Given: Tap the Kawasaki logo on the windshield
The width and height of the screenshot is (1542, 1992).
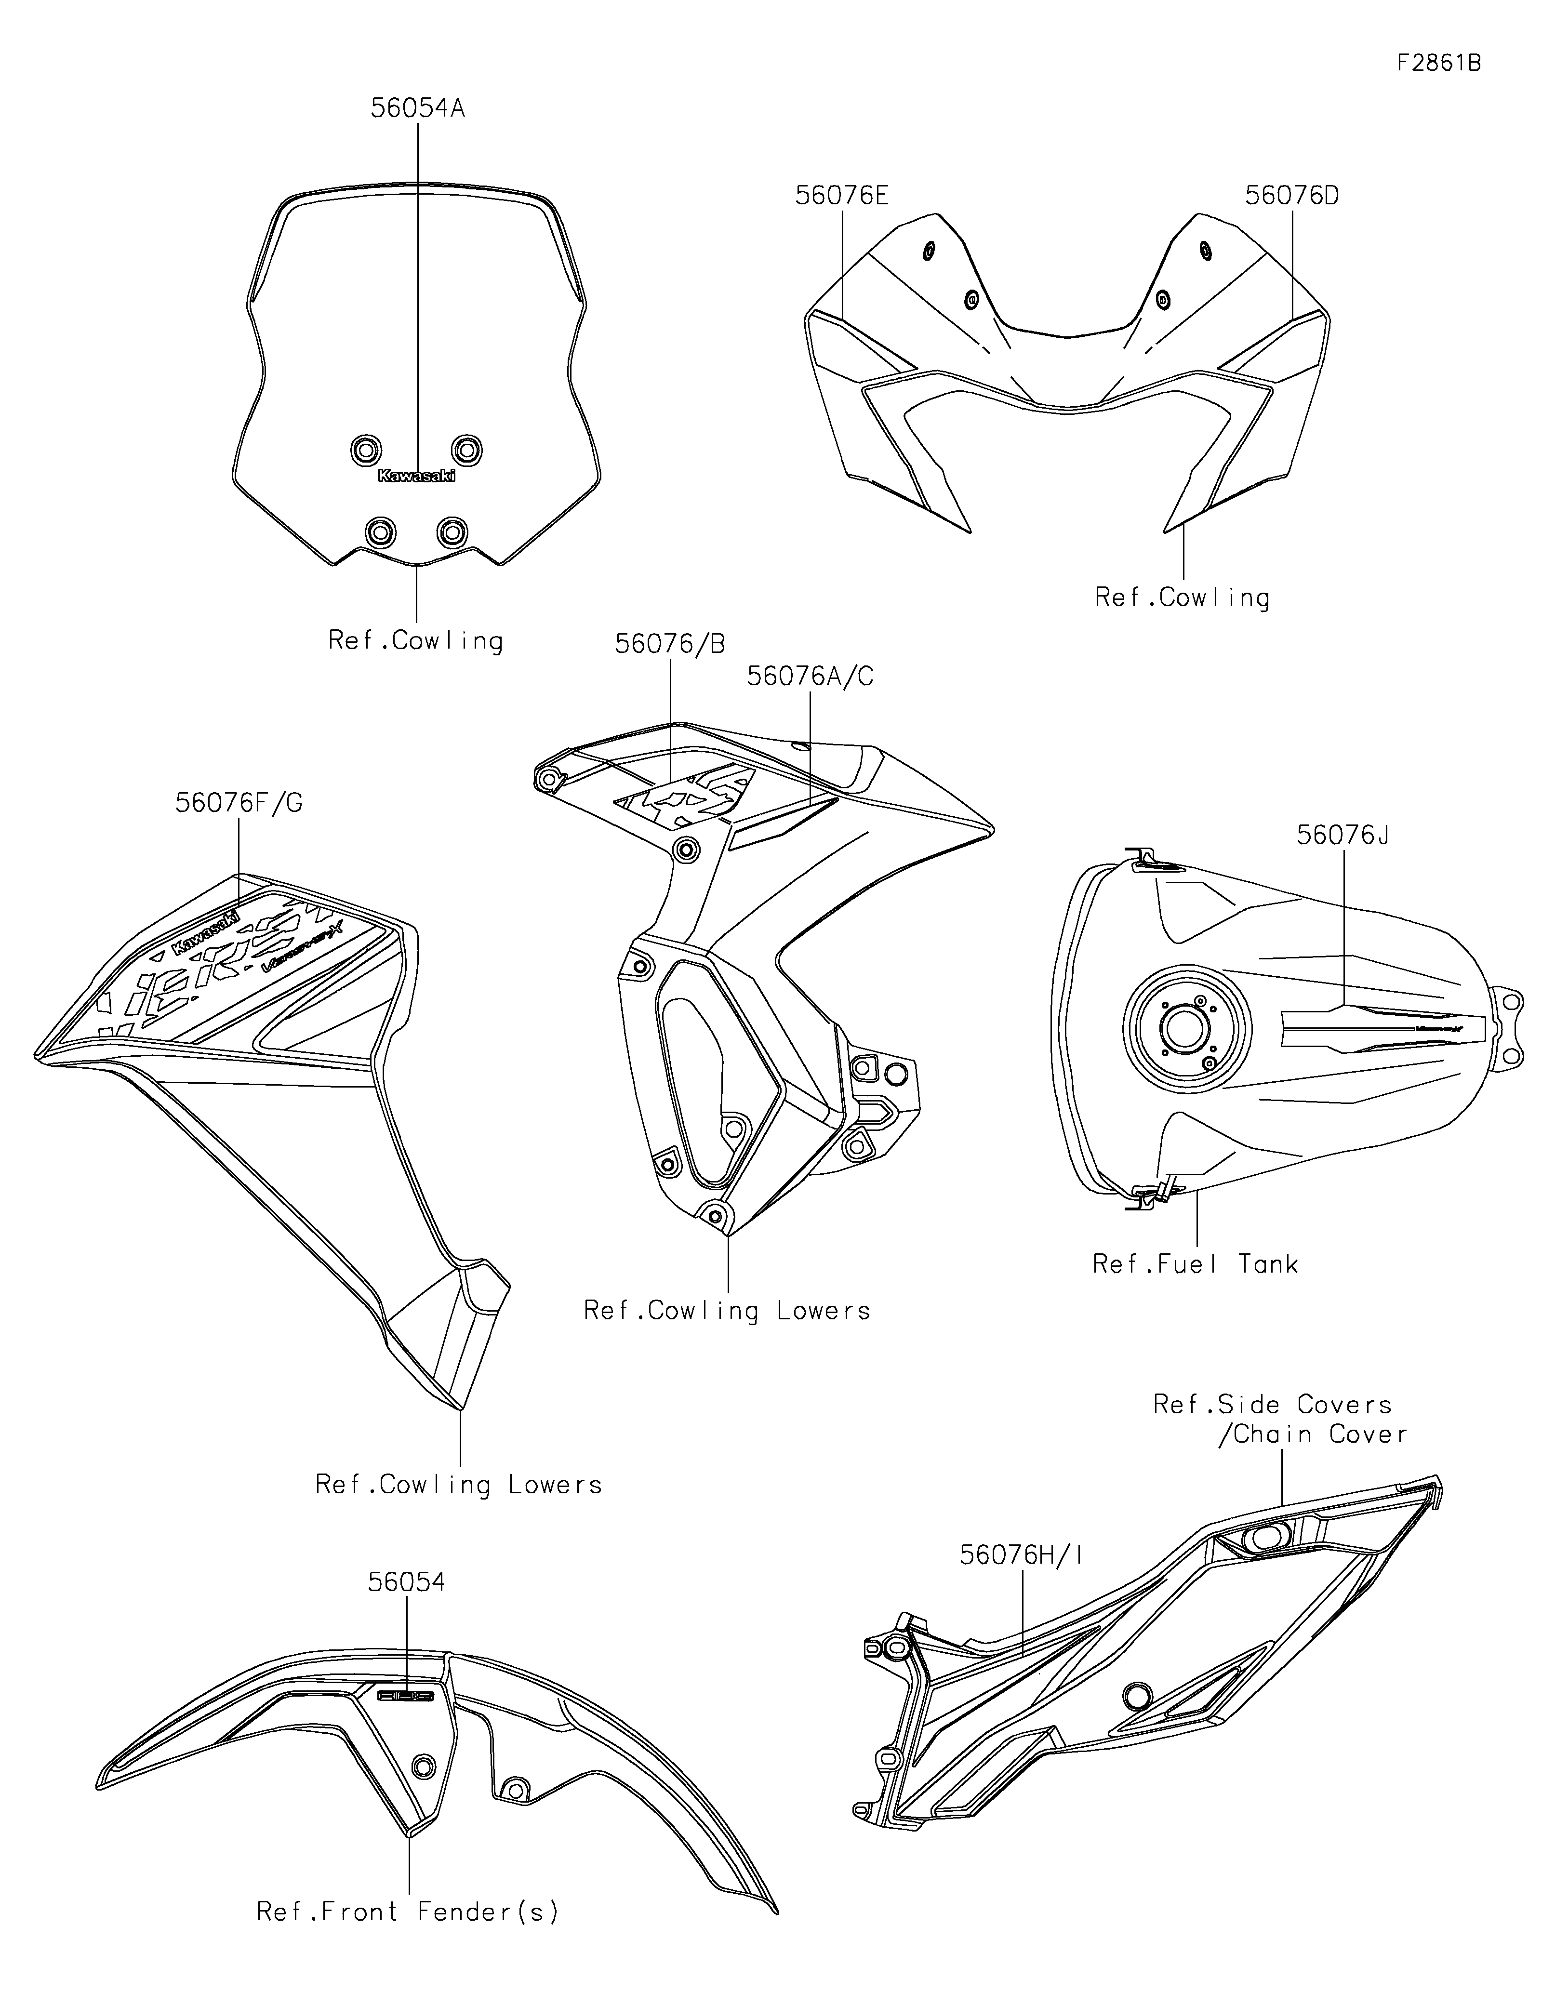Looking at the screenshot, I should click(417, 475).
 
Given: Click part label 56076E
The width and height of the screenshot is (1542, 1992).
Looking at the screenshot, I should click(841, 195).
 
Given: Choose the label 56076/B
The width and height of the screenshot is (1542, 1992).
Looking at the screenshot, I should click(670, 644).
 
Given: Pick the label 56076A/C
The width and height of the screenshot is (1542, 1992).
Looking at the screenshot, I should click(810, 676).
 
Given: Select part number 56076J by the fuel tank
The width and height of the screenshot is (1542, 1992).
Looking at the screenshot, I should click(1343, 835).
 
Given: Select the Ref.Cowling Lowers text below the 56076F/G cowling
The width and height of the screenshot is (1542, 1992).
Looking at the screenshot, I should click(459, 1485).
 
